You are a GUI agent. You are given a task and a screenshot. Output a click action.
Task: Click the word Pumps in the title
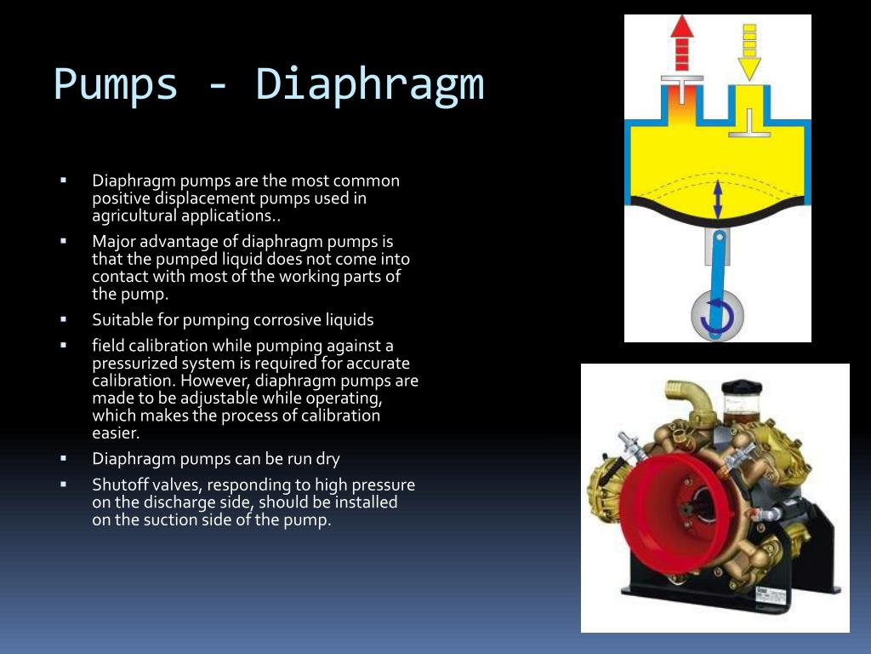coord(115,84)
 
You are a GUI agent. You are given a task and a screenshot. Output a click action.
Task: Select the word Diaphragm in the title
coord(369,84)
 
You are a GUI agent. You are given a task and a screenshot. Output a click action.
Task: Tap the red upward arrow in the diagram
coord(682,43)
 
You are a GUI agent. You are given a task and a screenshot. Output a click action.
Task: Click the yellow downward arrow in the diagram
coord(749,52)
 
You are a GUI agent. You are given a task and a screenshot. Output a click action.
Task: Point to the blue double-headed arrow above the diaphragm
coord(717,198)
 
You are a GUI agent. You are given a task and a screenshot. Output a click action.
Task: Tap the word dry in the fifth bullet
coord(327,459)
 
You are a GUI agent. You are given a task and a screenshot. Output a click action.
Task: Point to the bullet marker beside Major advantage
coord(63,241)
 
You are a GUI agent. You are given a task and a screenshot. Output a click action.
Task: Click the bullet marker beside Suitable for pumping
coord(63,319)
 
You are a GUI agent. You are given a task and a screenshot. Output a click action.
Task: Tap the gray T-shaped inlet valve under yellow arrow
coord(749,123)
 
